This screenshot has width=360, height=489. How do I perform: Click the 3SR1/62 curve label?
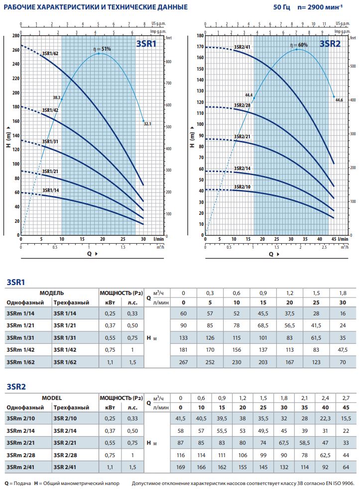(x=50, y=53)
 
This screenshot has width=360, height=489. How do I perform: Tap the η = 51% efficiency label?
(x=102, y=49)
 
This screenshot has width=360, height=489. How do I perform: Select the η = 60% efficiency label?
(x=300, y=45)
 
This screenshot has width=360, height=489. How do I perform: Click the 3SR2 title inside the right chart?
(x=330, y=43)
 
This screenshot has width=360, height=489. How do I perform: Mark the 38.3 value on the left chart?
(x=56, y=98)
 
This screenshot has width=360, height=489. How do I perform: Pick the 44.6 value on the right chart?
(x=339, y=100)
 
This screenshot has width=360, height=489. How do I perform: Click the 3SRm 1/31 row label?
(x=20, y=338)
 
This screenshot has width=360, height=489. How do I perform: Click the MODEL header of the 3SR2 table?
(x=52, y=398)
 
